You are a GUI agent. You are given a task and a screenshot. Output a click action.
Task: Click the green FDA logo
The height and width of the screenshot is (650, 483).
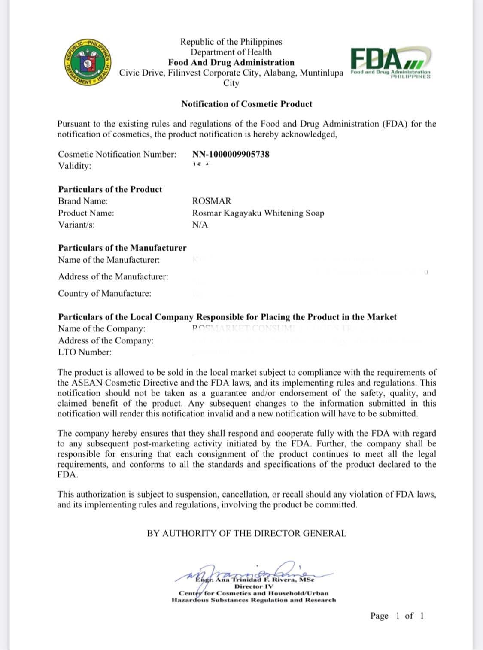pos(390,63)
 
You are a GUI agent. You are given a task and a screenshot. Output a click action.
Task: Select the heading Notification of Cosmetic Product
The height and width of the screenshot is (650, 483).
pos(246,104)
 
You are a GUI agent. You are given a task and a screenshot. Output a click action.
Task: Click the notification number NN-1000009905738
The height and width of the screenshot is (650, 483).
pos(231,154)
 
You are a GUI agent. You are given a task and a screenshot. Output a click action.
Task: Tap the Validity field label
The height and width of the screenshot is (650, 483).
pos(75,166)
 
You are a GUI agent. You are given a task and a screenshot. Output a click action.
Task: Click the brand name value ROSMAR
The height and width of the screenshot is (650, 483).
pos(212,201)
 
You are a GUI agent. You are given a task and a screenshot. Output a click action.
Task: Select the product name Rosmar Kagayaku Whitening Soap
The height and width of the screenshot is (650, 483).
pos(258,213)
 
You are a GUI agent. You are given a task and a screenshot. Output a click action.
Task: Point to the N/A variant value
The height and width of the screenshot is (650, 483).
pos(200,225)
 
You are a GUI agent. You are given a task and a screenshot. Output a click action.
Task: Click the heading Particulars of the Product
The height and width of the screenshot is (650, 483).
pos(110,189)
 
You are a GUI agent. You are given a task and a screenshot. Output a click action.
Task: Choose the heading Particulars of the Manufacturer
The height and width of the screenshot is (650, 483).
pos(122,248)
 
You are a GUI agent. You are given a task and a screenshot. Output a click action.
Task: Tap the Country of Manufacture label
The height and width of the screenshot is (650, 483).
pos(105,294)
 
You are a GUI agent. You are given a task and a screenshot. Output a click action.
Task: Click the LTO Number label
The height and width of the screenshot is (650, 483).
pos(85,352)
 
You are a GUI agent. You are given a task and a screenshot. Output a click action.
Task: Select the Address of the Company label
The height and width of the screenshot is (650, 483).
pos(106,341)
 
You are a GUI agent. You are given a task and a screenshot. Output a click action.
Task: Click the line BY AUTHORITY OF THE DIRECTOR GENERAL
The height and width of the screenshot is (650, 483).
pos(246,533)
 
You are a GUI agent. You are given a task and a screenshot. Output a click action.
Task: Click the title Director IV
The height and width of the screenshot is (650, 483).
pos(253,586)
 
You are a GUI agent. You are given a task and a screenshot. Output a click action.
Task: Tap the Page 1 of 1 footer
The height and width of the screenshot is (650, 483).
pos(397,616)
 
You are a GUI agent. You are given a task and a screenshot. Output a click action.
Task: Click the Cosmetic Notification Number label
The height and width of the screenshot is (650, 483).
pos(117,154)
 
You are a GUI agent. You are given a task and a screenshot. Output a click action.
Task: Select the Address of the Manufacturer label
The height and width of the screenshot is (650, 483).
pos(113,277)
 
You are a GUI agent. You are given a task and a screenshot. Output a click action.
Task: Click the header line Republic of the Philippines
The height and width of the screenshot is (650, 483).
pos(231,42)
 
